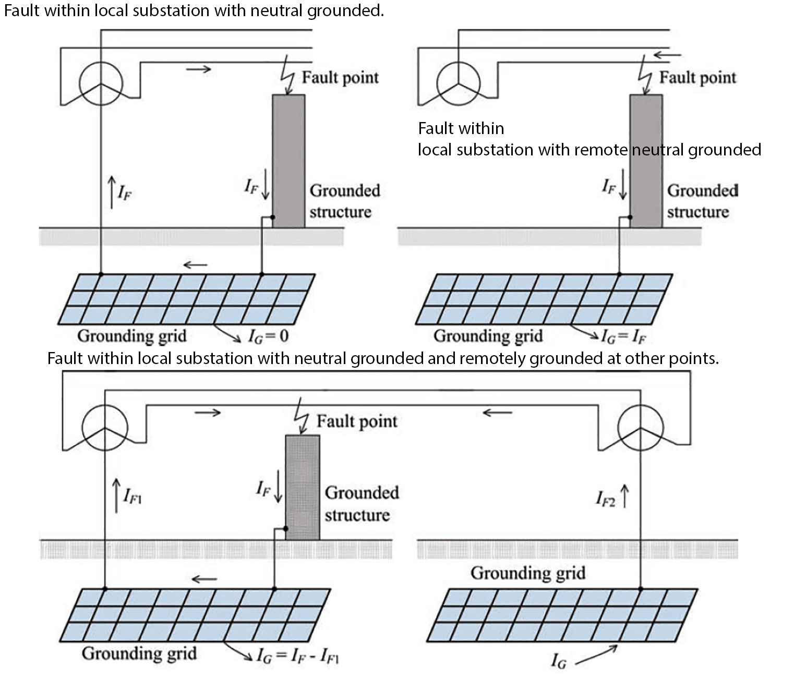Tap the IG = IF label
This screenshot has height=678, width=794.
[x=623, y=336]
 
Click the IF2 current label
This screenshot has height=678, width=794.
[x=606, y=499]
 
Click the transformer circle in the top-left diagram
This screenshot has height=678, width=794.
[x=101, y=83]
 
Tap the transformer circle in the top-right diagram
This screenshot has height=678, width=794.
[x=458, y=83]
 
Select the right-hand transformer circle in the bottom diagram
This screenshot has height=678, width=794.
[x=640, y=428]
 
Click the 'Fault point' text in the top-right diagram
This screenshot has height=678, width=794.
[x=697, y=78]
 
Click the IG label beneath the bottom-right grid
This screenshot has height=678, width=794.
[x=558, y=661]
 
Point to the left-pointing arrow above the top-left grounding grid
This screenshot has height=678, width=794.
[x=196, y=265]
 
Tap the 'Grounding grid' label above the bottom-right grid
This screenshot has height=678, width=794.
[x=528, y=573]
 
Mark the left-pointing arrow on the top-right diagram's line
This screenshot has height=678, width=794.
[x=667, y=55]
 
